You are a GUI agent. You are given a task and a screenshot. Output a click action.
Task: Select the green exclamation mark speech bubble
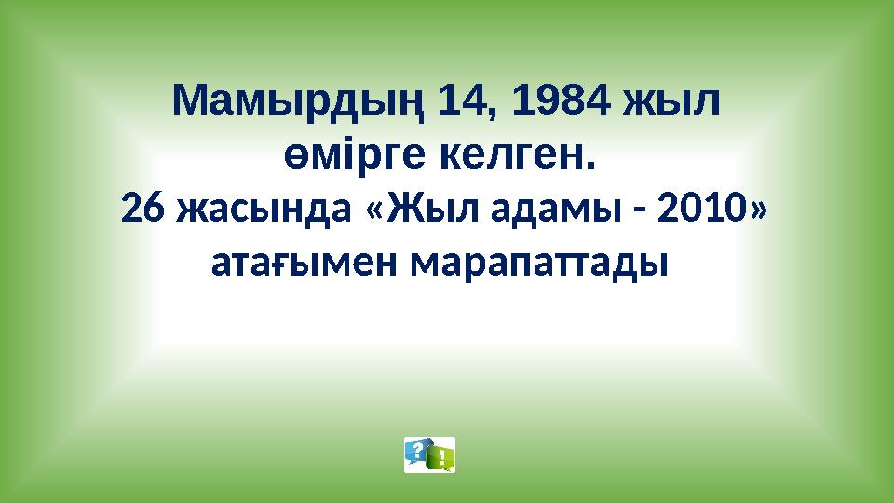pos(440,457)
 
